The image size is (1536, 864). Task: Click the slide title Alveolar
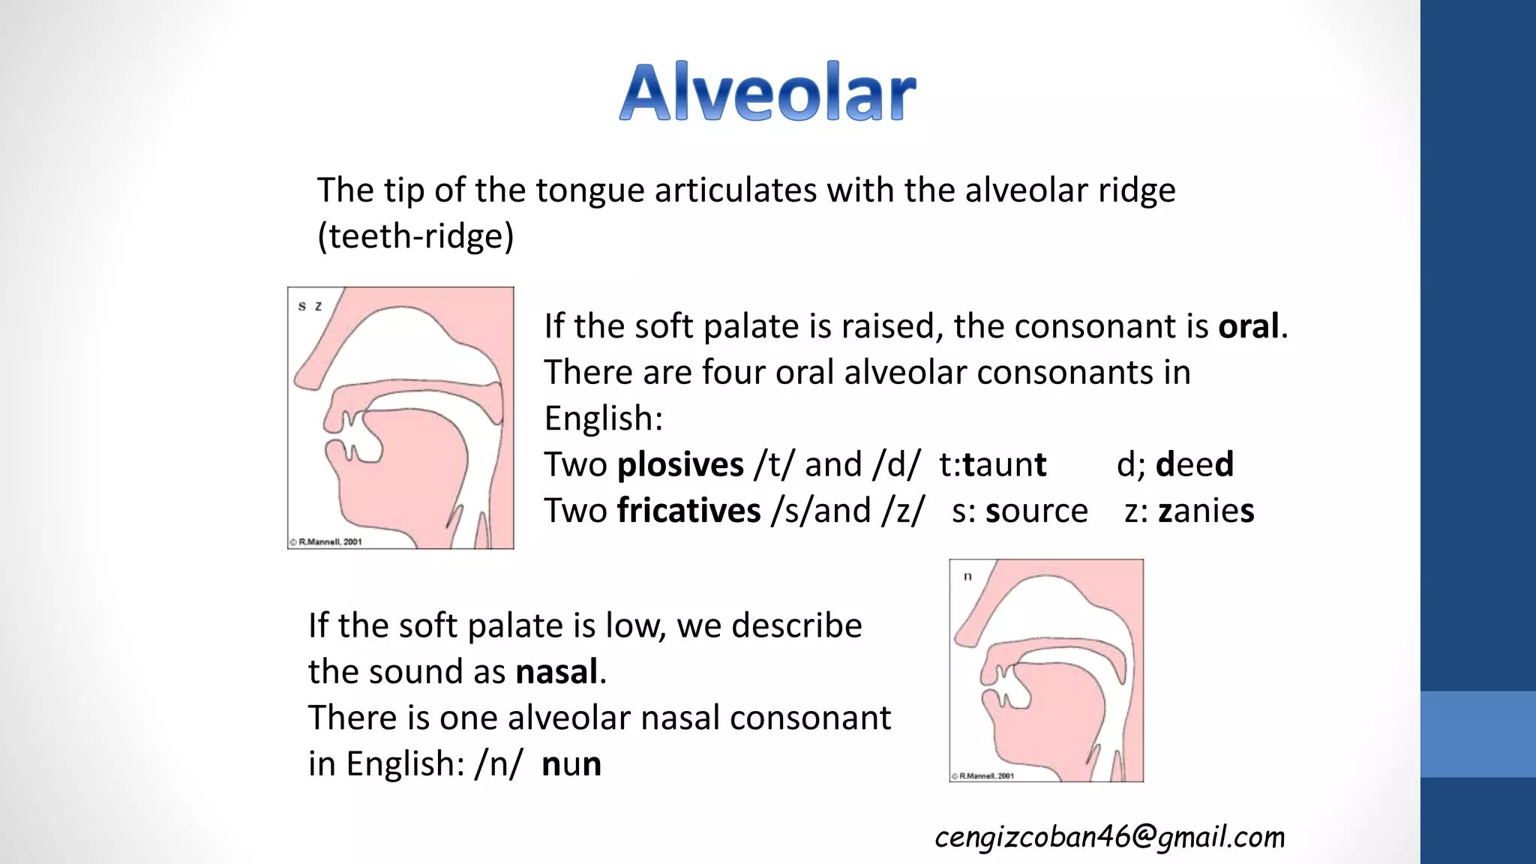[x=767, y=92]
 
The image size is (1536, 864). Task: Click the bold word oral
[x=1248, y=327]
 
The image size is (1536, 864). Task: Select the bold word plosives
[x=679, y=465]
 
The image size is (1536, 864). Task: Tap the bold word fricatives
[x=688, y=511]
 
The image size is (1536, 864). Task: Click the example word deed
[x=1194, y=465]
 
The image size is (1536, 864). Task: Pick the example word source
[x=1036, y=511]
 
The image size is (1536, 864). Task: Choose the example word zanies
[x=1205, y=511]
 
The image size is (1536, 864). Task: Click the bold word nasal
[x=556, y=672]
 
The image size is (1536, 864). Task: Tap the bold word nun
[x=571, y=764]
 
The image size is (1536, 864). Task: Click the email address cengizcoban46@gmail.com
[x=1109, y=837]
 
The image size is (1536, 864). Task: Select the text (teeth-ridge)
[x=415, y=237]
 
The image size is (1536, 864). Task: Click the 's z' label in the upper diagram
[x=310, y=306]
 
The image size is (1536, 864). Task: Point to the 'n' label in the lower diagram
[x=967, y=577]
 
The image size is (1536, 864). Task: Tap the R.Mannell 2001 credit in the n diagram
[x=983, y=775]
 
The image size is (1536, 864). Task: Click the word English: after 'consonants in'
[x=604, y=418]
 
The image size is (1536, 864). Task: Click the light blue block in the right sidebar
[x=1477, y=733]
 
